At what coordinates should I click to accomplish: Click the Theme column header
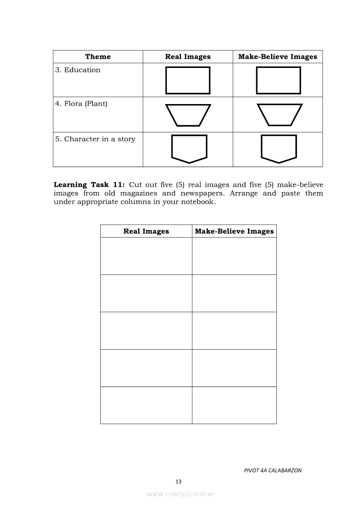98,57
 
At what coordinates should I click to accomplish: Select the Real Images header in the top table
187,57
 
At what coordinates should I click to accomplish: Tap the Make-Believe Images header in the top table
278,57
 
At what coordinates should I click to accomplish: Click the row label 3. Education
78,70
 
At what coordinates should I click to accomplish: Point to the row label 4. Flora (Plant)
82,104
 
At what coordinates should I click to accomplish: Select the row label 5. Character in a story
95,139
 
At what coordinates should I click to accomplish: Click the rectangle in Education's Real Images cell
188,80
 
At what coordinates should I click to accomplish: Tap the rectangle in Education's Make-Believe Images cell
278,80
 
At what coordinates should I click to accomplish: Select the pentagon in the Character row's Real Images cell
189,148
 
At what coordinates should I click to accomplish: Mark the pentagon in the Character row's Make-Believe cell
279,148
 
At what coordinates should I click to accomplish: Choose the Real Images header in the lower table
146,231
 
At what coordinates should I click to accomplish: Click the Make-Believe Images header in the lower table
234,231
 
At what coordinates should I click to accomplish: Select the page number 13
178,482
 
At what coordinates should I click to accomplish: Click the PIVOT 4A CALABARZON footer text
273,470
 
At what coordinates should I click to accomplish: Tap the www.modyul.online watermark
180,494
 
